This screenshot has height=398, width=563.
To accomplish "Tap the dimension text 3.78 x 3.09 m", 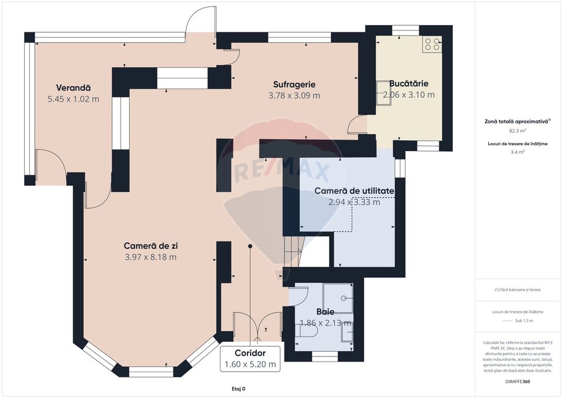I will tap(294, 96).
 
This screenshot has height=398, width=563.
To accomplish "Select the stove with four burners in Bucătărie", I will tap(433, 45).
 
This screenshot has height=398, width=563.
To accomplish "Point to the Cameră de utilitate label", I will tap(354, 191).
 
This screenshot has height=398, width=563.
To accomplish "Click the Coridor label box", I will tap(250, 359).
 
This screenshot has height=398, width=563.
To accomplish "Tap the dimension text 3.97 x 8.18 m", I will tap(151, 257).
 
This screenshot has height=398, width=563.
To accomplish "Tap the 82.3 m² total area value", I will tap(517, 131).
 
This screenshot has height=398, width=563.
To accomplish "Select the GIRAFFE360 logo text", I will tap(517, 381).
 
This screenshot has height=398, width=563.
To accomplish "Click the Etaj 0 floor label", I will tap(239, 388).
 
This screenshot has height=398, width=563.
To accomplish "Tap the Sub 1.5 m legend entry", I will tap(524, 321).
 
